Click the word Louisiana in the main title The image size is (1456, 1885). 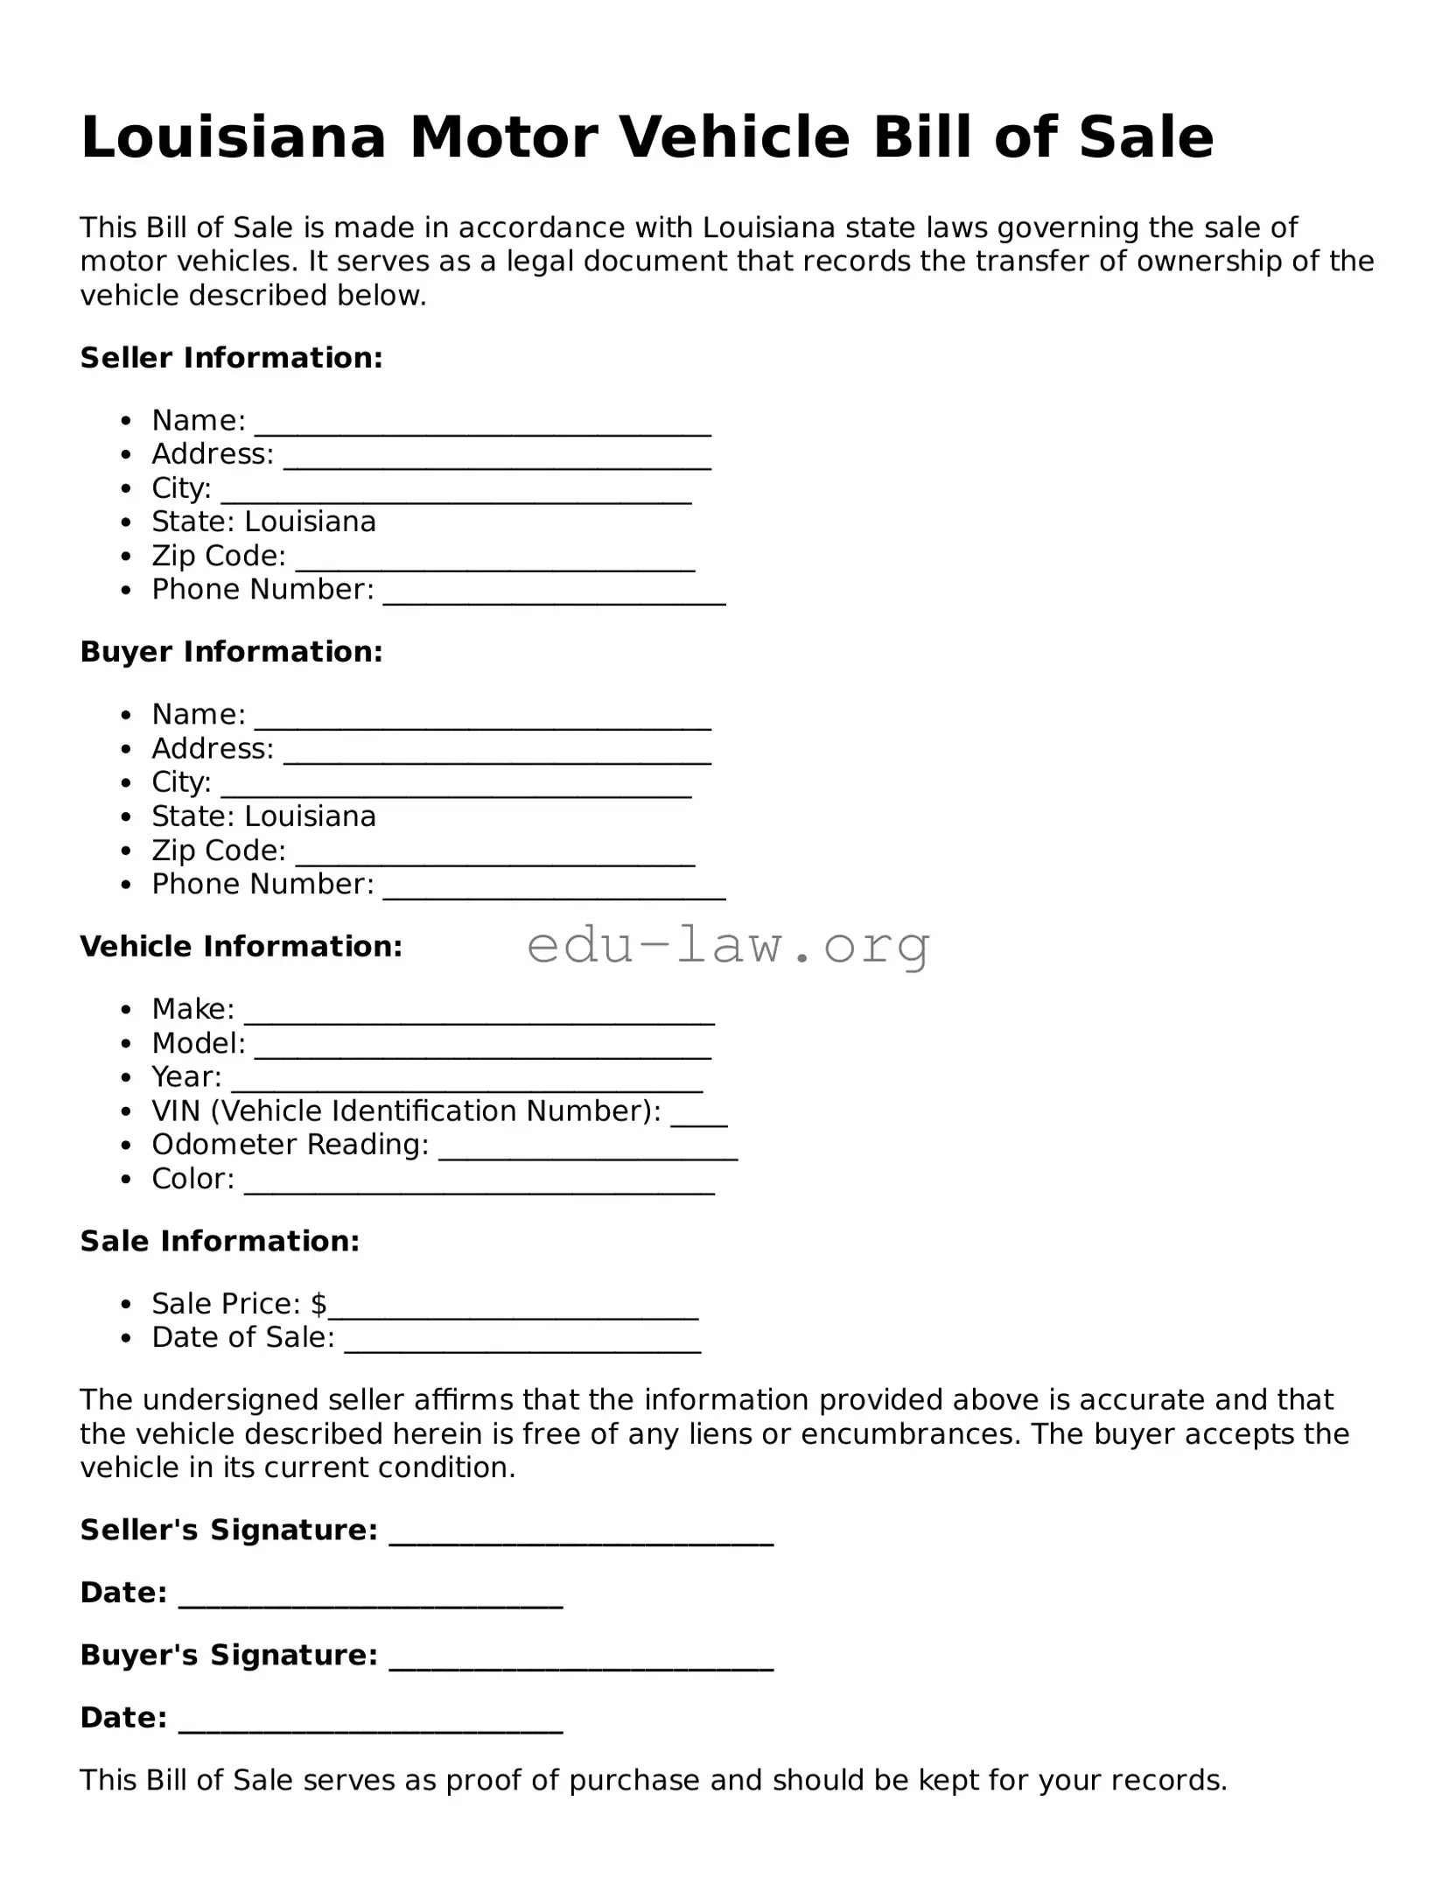[x=233, y=138]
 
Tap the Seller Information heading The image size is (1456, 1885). [x=231, y=358]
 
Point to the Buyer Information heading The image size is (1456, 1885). [x=231, y=652]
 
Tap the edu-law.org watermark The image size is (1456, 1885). [x=728, y=946]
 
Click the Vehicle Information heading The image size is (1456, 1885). [x=241, y=947]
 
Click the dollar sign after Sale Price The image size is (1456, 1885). [x=318, y=1304]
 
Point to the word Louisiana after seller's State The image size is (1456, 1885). [x=310, y=522]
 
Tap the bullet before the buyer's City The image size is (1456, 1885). [x=128, y=784]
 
